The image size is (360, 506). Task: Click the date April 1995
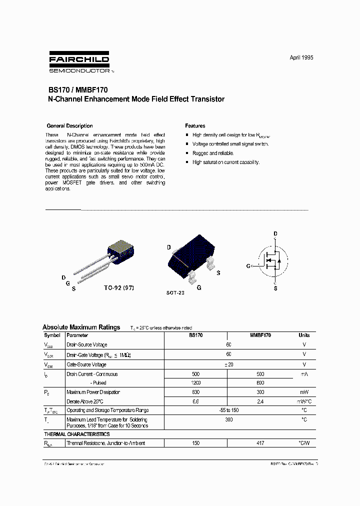pyautogui.click(x=301, y=57)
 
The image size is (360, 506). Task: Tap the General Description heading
pyautogui.click(x=69, y=126)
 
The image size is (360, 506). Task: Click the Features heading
pyautogui.click(x=195, y=126)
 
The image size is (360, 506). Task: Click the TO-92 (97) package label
pyautogui.click(x=119, y=288)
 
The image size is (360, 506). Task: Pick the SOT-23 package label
pyautogui.click(x=175, y=292)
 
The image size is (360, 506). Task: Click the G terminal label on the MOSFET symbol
pyautogui.click(x=248, y=266)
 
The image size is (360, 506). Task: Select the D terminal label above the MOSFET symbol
pyautogui.click(x=275, y=234)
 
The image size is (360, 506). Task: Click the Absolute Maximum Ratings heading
pyautogui.click(x=81, y=327)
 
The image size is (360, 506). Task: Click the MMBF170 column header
pyautogui.click(x=260, y=335)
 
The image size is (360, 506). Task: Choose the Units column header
pyautogui.click(x=304, y=335)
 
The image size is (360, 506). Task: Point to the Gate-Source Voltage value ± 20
pyautogui.click(x=228, y=364)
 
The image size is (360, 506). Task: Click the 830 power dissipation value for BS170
pyautogui.click(x=195, y=392)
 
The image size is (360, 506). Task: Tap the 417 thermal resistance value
pyautogui.click(x=260, y=443)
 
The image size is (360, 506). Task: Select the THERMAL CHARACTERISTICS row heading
pyautogui.click(x=77, y=434)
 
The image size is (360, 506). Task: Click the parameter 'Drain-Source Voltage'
pyautogui.click(x=87, y=345)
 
